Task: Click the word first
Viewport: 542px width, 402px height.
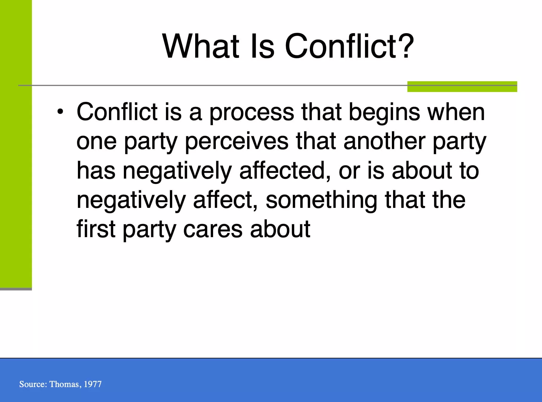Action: [x=96, y=229]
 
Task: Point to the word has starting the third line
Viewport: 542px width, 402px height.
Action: [x=96, y=170]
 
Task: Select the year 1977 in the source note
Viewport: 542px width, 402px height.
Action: [x=93, y=384]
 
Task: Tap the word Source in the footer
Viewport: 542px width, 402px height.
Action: [x=33, y=384]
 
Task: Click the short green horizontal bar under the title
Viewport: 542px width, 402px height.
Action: [x=462, y=87]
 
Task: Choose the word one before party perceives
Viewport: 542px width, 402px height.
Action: [x=96, y=142]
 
